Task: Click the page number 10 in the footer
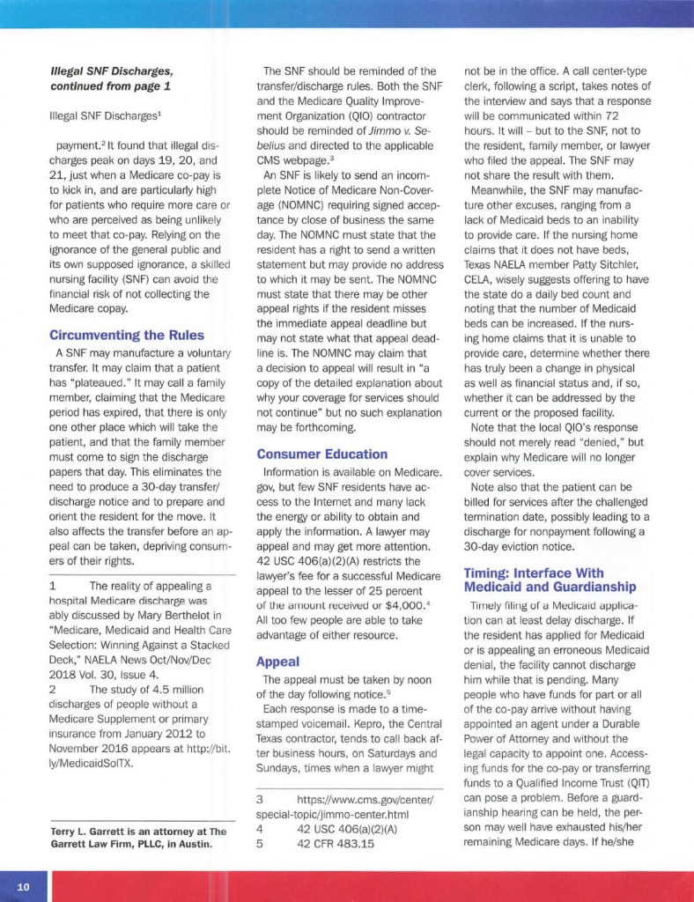point(24,886)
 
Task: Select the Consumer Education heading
point(321,455)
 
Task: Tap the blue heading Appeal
point(277,661)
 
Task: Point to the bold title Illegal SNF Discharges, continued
point(111,78)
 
